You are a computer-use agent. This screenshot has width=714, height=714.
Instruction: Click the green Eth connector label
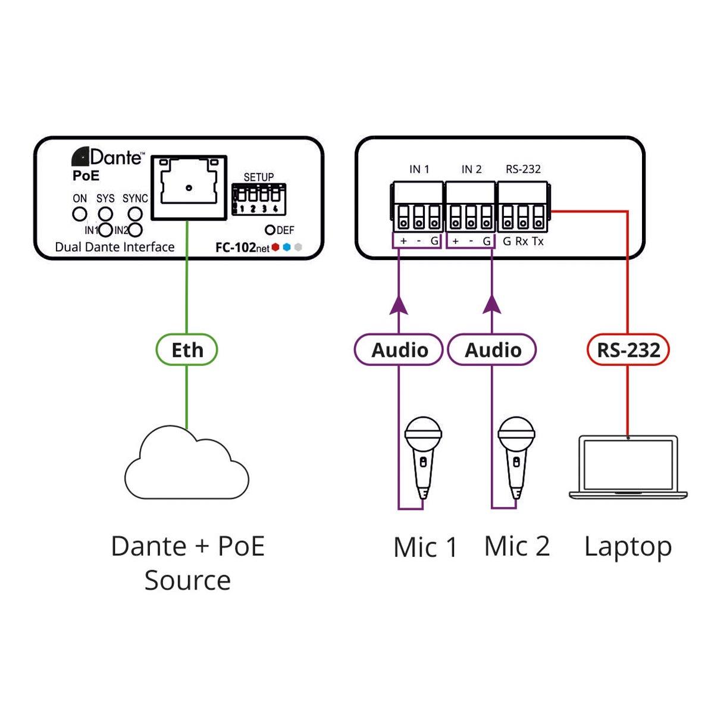coord(186,350)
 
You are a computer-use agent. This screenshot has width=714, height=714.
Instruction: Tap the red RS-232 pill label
coord(628,350)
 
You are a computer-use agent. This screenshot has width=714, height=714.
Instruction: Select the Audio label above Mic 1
coord(399,350)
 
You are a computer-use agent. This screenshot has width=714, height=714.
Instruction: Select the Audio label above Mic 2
coord(492,350)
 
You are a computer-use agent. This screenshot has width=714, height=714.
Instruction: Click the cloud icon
coord(186,464)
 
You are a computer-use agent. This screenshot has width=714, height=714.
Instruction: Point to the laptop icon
coord(628,468)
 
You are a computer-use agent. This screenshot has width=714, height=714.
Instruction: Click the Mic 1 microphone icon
coord(422,455)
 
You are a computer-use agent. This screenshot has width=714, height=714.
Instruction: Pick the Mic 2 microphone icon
coord(516,455)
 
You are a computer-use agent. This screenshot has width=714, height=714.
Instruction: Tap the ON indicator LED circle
coord(80,214)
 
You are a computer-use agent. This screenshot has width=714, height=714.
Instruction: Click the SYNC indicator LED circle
coord(136,214)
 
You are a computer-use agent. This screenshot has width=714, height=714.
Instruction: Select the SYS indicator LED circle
coord(105,214)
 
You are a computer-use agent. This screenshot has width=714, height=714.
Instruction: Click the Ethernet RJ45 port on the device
coord(189,187)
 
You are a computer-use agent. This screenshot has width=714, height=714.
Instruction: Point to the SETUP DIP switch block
coord(259,199)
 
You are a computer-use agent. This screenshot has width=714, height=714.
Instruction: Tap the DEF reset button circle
coord(270,230)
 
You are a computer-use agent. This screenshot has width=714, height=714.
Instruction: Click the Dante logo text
coord(108,157)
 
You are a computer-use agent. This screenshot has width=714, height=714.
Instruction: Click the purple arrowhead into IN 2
coord(492,305)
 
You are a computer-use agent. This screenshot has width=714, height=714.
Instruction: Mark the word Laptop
coord(628,547)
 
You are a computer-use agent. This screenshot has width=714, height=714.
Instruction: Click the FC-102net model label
coord(242,248)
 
